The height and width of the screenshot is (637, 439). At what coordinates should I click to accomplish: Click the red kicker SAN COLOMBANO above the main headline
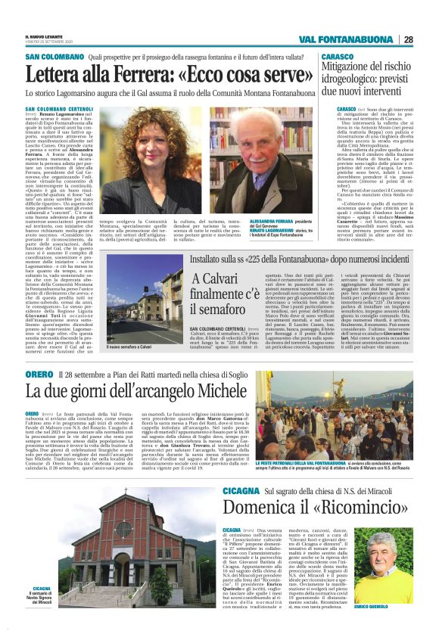pyautogui.click(x=54, y=57)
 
